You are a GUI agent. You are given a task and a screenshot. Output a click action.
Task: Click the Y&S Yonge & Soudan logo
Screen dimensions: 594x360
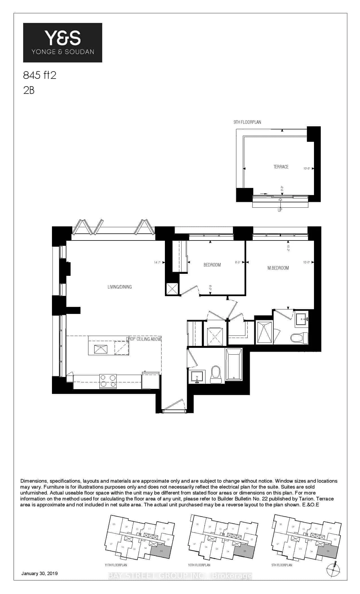(x=62, y=42)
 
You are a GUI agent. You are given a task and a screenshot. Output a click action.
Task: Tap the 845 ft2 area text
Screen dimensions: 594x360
(x=40, y=75)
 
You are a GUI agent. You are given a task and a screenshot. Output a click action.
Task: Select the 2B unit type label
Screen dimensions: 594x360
(x=29, y=90)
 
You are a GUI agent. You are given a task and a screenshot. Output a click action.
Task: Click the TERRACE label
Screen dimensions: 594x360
(x=281, y=167)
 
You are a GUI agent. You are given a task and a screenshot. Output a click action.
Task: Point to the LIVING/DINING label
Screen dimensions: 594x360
(x=120, y=287)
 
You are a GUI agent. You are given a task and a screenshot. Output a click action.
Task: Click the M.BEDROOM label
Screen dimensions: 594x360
(x=278, y=268)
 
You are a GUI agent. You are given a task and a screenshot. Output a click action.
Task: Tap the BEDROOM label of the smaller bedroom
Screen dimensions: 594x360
(x=212, y=265)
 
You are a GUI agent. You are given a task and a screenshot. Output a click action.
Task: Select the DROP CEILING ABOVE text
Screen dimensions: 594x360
(x=143, y=339)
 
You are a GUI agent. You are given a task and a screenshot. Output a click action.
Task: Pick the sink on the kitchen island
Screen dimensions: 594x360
(x=101, y=350)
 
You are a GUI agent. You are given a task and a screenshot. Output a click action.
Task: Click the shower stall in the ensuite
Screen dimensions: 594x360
(x=264, y=332)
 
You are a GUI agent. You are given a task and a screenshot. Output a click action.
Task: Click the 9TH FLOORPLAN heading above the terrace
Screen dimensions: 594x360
(x=247, y=122)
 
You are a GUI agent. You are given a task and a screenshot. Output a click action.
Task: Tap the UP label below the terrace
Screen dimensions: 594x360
(x=280, y=210)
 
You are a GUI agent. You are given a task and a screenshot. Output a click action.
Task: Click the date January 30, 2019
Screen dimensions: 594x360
(x=40, y=573)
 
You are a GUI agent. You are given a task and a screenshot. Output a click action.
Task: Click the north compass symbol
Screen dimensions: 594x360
(x=333, y=569)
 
